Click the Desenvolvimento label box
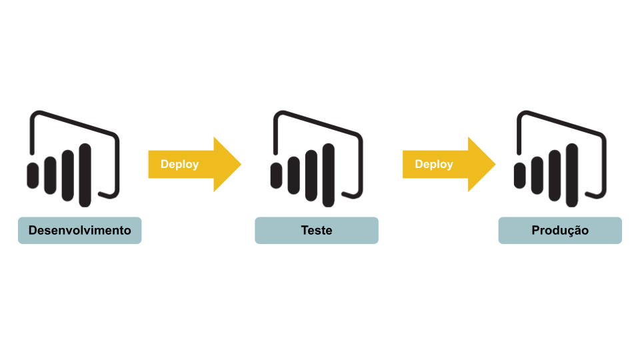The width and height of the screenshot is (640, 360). coord(79,231)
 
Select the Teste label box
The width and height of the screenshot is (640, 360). coord(316,231)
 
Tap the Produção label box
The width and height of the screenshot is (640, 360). coord(560,231)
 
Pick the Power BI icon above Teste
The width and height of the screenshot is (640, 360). coord(317,159)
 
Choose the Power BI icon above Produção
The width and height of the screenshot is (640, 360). coord(560,159)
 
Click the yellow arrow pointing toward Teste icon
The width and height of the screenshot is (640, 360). coord(193,164)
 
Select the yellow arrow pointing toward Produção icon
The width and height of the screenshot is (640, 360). coord(448,164)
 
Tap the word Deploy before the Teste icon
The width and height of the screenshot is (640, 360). coord(179,164)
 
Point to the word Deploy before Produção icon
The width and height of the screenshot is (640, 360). coord(434,164)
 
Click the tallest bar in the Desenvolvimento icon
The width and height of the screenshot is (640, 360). coord(85,175)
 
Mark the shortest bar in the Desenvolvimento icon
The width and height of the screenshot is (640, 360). coord(33,175)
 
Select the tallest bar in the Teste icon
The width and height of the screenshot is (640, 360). coord(328,175)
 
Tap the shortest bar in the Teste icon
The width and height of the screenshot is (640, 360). coord(276,175)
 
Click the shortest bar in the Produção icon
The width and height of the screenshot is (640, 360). coord(520,175)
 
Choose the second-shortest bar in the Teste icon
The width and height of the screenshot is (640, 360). coord(293,175)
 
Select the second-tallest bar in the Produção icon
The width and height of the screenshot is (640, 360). coord(555,175)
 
